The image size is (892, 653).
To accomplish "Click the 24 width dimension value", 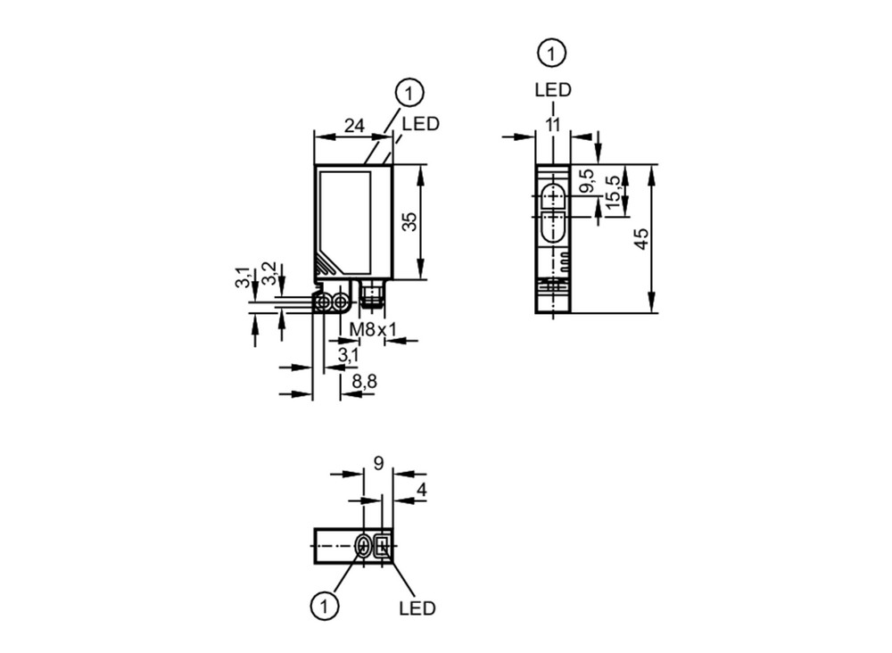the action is [354, 125].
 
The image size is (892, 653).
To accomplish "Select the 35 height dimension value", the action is [409, 222].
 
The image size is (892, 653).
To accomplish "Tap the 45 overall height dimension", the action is [641, 238].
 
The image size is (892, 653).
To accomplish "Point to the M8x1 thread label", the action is [373, 329].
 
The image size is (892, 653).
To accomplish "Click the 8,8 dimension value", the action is [364, 381].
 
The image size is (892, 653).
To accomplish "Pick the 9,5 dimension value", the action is [587, 180].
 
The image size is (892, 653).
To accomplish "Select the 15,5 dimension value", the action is [613, 192].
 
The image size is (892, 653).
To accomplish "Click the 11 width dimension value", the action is [552, 125].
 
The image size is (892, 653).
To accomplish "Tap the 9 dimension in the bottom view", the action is [378, 464].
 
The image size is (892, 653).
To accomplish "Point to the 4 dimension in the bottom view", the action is [422, 490].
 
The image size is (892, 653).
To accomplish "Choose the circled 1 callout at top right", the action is [551, 54].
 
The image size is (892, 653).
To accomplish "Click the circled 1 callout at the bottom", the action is [325, 607].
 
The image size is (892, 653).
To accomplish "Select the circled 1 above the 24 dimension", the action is [409, 93].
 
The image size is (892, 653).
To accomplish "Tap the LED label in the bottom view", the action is [417, 608].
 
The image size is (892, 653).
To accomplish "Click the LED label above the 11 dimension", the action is [552, 90].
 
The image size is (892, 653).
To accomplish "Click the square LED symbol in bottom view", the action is [383, 546].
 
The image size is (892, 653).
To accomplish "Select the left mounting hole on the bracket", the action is [323, 302].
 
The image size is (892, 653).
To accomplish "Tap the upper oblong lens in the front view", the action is [552, 196].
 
